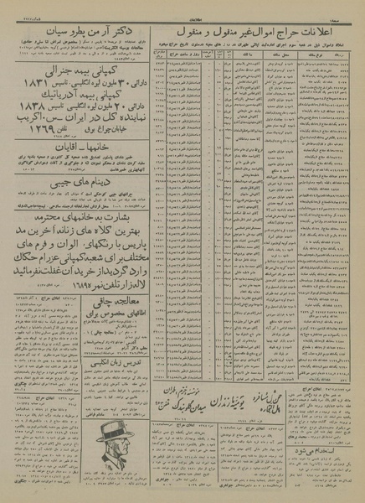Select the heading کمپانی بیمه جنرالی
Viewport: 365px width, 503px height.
coord(92,76)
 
